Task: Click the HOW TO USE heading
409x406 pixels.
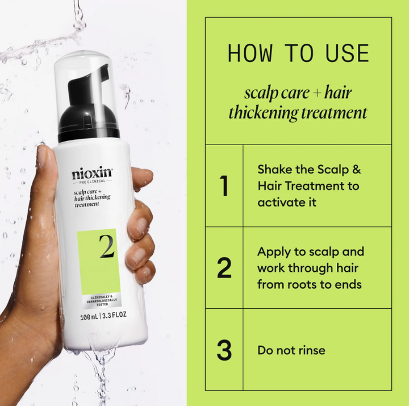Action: (x=298, y=53)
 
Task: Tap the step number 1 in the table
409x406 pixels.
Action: (x=224, y=186)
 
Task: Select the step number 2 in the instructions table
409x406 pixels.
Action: (x=224, y=268)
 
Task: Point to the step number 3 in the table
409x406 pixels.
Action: (x=224, y=350)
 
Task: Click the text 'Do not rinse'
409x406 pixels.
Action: (x=291, y=350)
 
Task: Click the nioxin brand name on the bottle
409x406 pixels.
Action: (x=93, y=172)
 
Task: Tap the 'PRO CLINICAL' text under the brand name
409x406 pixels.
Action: (x=92, y=183)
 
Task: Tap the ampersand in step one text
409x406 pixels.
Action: (x=357, y=169)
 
